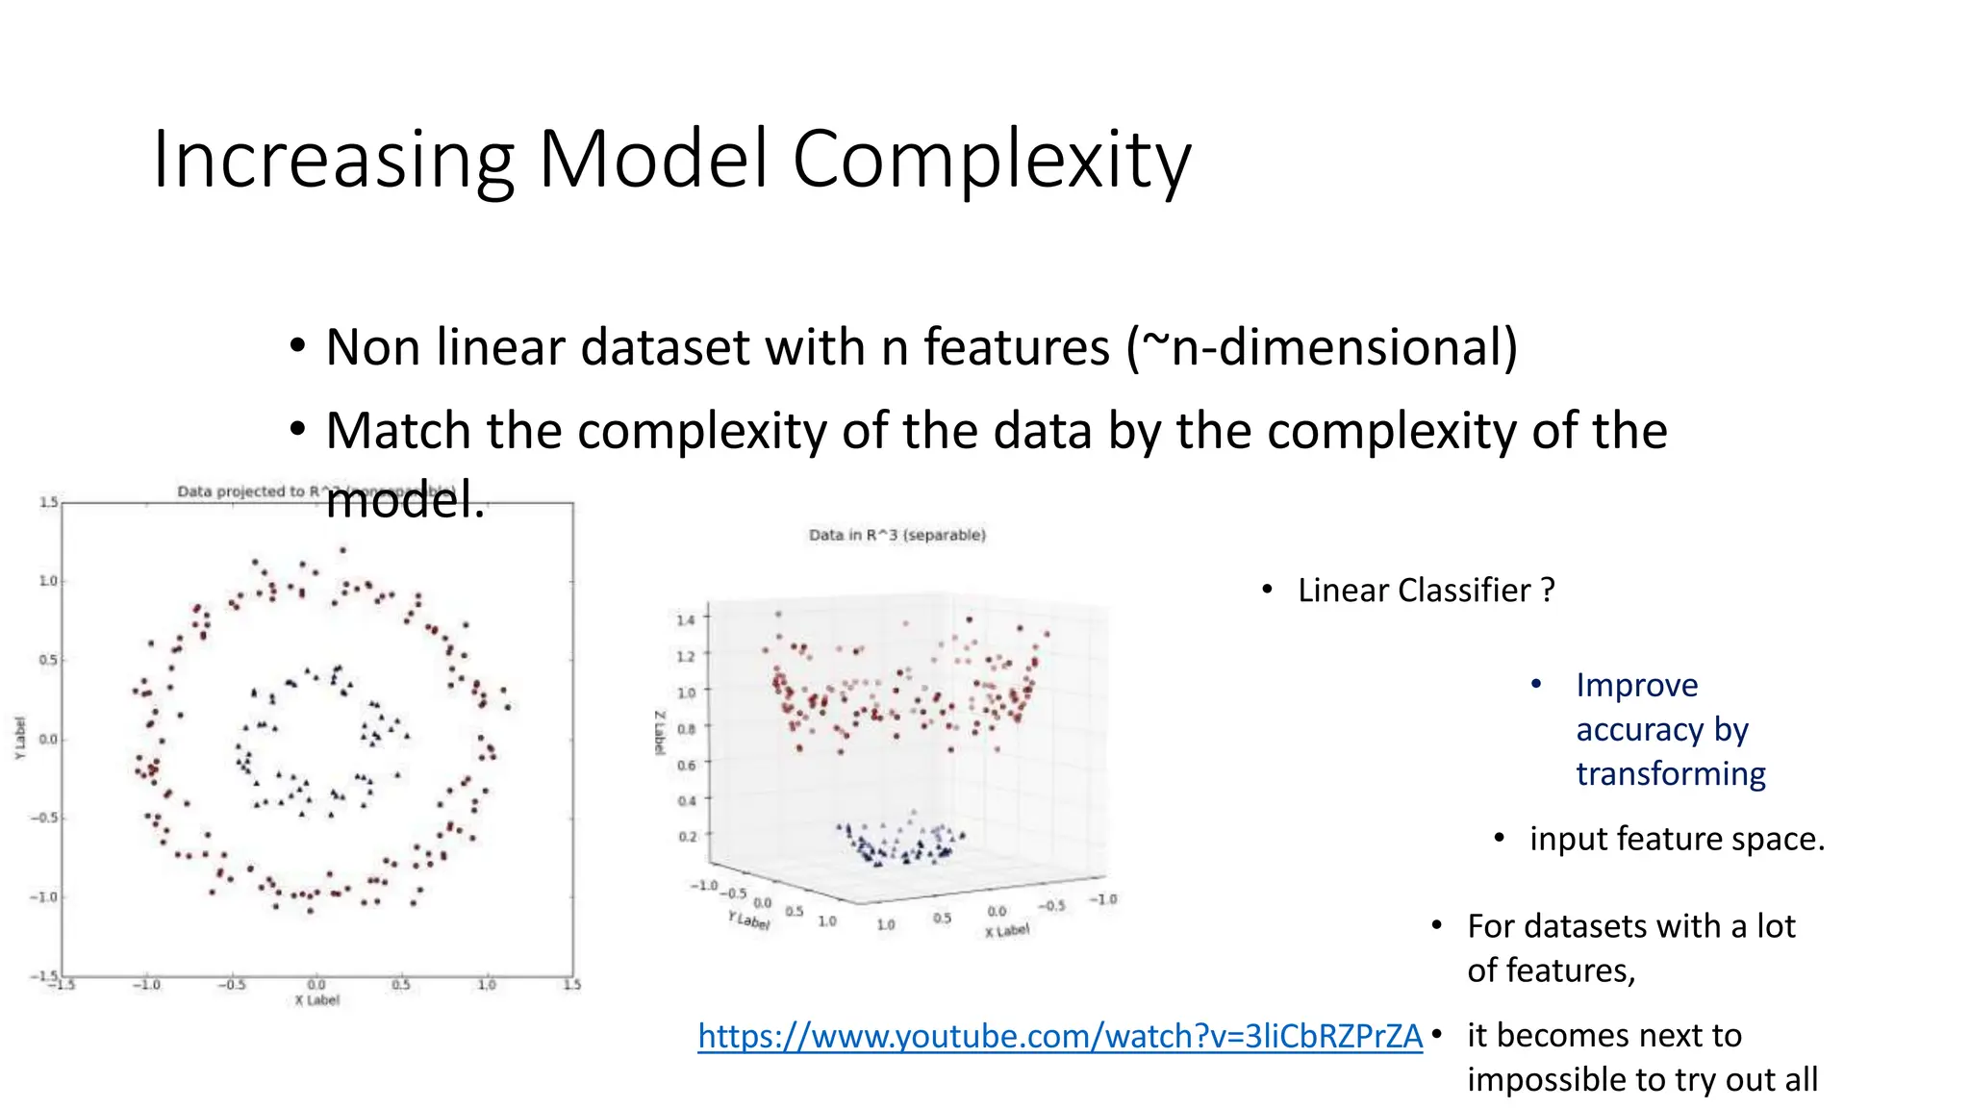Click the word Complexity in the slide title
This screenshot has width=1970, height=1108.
tap(991, 160)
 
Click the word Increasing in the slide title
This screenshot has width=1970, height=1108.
tap(333, 160)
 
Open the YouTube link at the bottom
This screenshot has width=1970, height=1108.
tap(1059, 1036)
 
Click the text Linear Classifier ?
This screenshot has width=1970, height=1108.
tap(1426, 591)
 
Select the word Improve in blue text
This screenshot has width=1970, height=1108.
tap(1636, 686)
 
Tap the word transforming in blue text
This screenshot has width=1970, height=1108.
tap(1670, 774)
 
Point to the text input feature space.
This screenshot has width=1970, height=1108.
tap(1677, 839)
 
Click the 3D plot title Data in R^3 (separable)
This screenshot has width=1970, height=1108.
tap(897, 535)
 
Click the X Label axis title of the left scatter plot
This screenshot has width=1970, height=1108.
tap(316, 1000)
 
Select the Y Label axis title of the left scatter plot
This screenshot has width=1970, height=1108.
tap(20, 739)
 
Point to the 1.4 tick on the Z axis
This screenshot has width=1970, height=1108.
tap(685, 619)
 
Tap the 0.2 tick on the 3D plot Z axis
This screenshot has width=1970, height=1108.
tap(686, 836)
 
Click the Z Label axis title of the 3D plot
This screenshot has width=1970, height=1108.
tap(660, 733)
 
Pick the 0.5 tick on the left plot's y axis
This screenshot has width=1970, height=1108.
tap(47, 660)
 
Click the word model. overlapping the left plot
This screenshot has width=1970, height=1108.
tap(405, 500)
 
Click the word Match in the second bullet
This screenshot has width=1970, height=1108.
tap(396, 431)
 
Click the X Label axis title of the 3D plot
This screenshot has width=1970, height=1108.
tap(1006, 931)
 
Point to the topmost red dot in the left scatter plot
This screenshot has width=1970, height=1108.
tap(342, 551)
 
